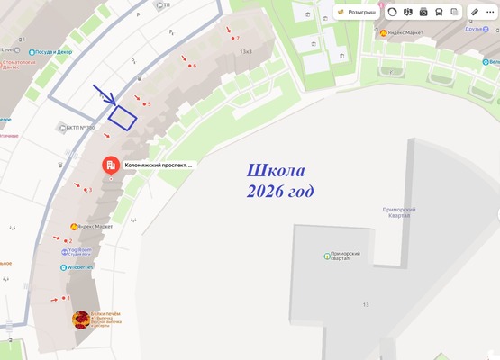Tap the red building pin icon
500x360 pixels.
pyautogui.click(x=110, y=166)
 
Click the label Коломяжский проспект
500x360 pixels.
pyautogui.click(x=158, y=166)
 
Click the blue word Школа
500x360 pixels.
pyautogui.click(x=276, y=172)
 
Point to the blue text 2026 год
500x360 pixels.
pyautogui.click(x=280, y=191)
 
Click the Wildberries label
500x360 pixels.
pyautogui.click(x=80, y=267)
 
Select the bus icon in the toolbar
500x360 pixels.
pyautogui.click(x=439, y=13)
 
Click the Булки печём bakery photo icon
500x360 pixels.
pyautogui.click(x=81, y=319)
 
